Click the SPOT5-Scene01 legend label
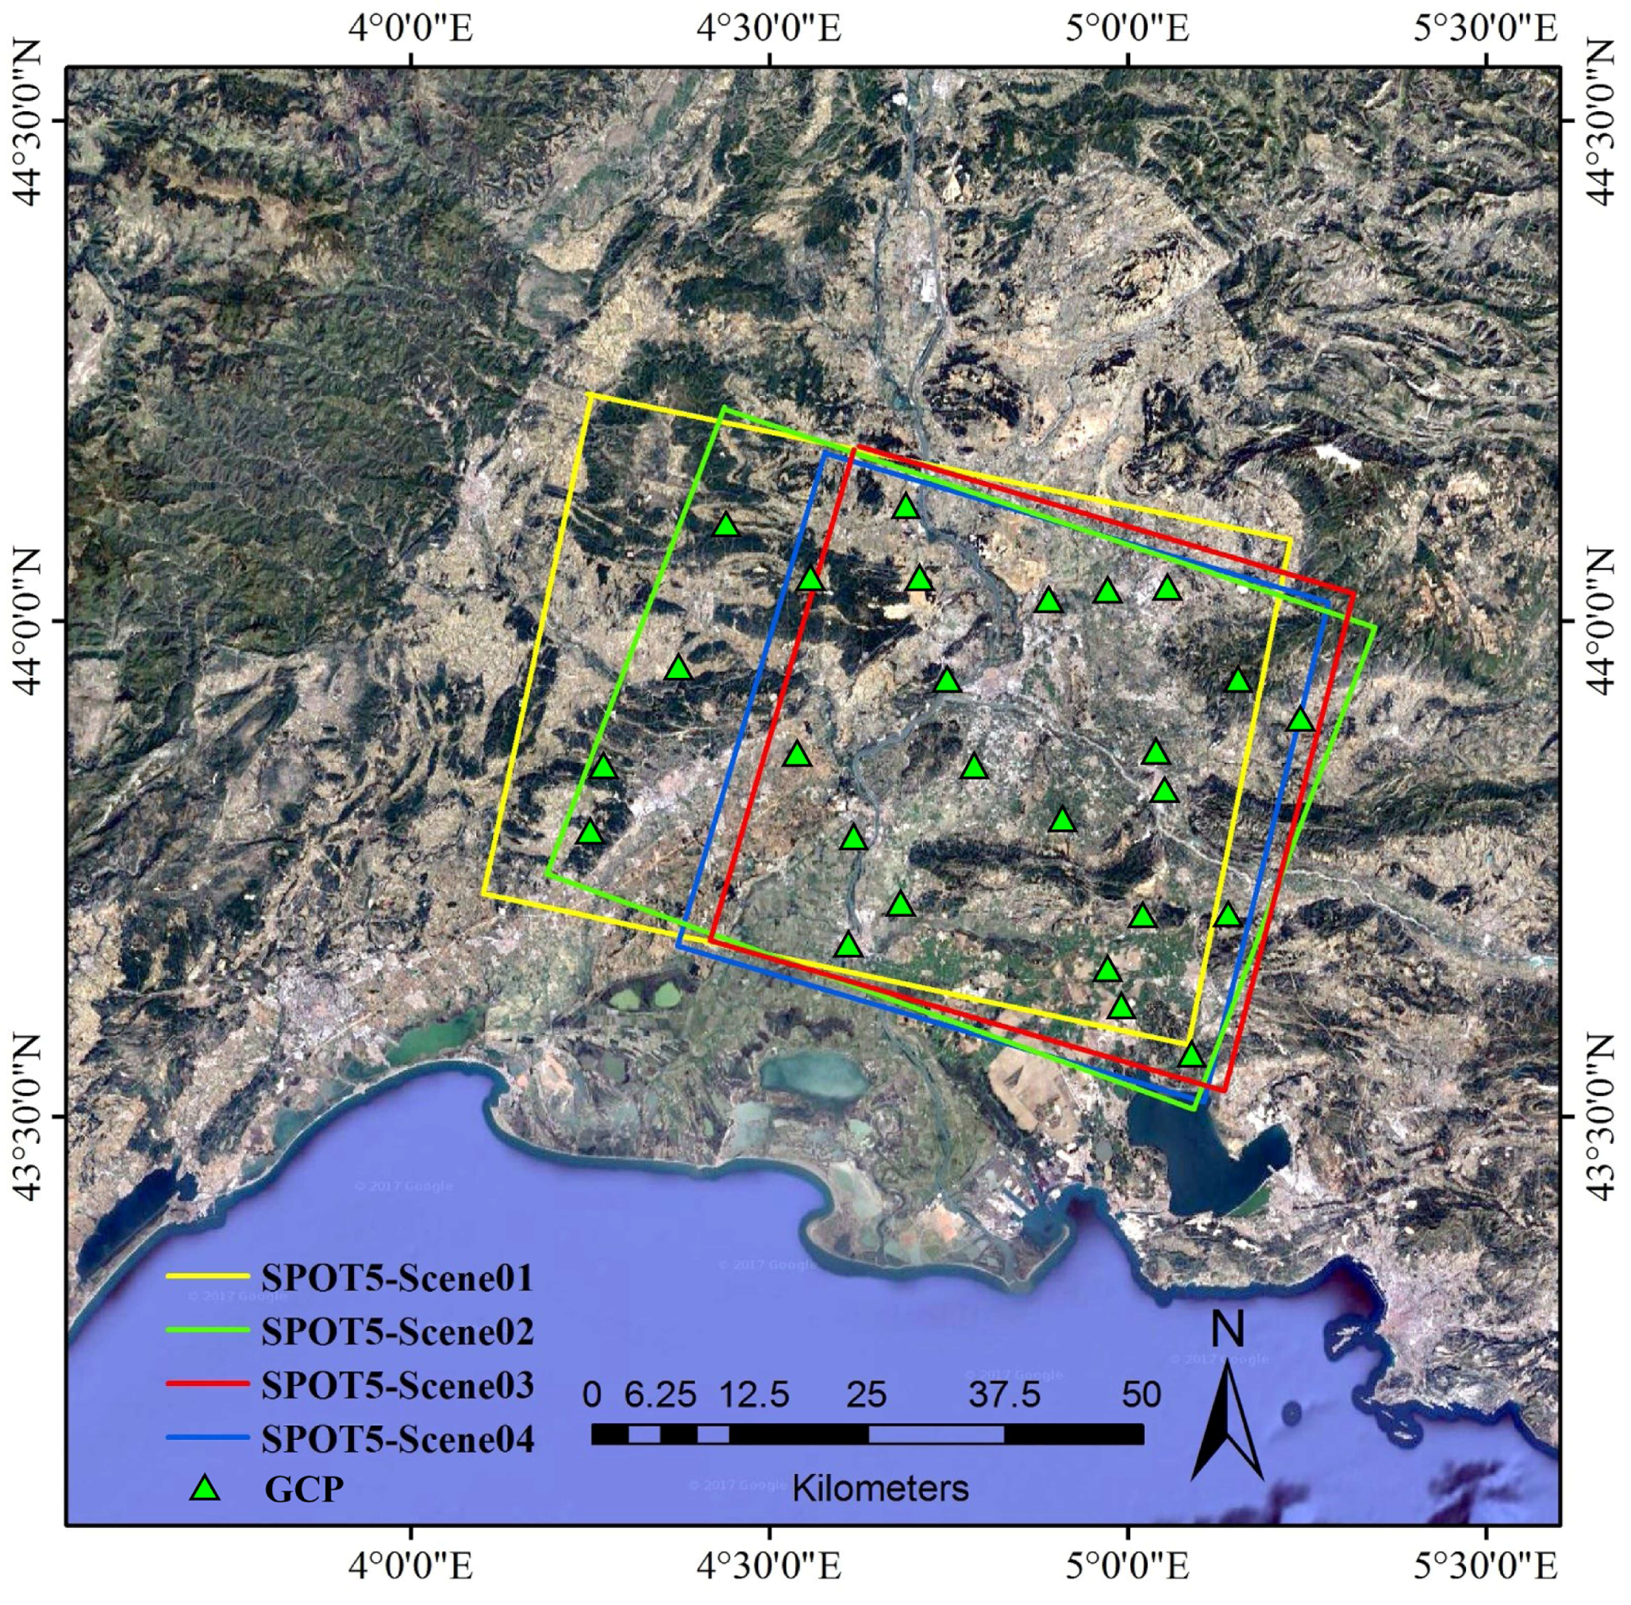point(397,1278)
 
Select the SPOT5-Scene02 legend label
point(397,1331)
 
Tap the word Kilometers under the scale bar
point(880,1488)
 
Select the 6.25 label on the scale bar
point(660,1395)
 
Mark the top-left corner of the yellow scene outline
point(587,394)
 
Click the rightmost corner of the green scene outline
point(1375,626)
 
